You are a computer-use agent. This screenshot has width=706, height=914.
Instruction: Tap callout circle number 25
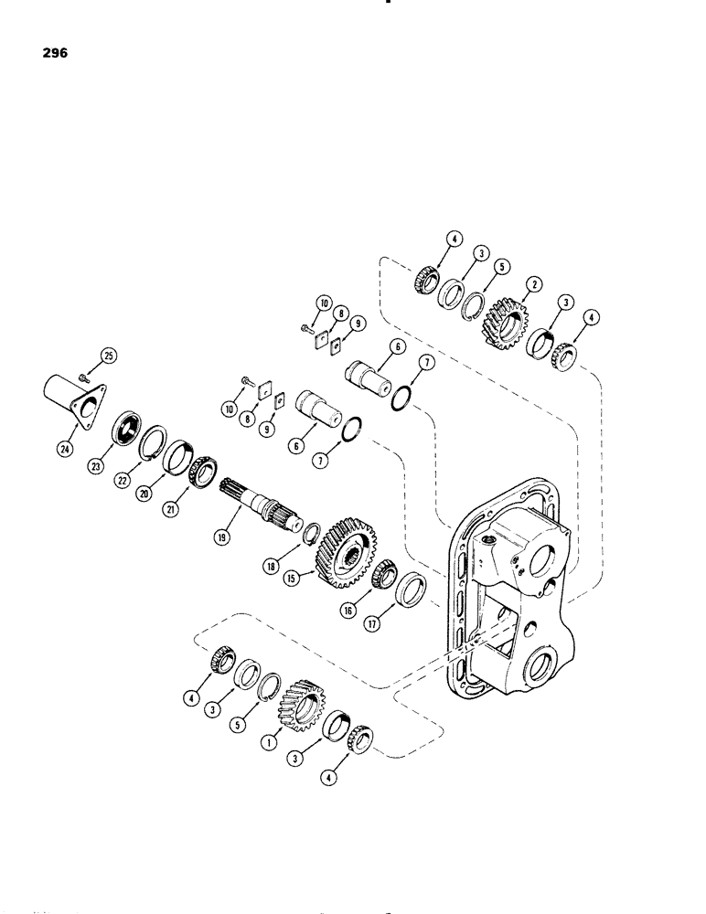[x=111, y=356]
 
